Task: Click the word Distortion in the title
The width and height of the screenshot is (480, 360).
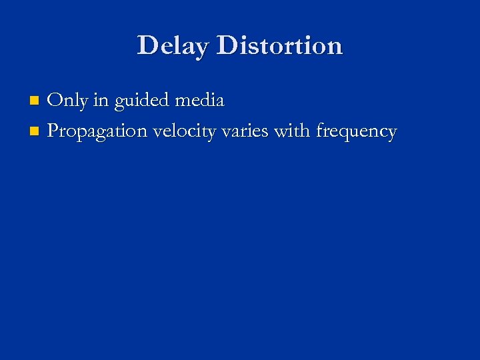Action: click(x=279, y=45)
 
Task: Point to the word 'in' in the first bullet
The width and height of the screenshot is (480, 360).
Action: click(x=101, y=101)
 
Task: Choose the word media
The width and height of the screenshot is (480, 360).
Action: click(x=199, y=101)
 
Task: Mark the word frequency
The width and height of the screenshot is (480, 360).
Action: click(x=356, y=132)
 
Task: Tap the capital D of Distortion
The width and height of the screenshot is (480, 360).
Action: click(x=227, y=45)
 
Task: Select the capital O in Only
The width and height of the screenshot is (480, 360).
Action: click(x=55, y=101)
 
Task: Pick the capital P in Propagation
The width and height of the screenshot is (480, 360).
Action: click(x=53, y=131)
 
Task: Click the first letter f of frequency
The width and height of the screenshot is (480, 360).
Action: click(x=320, y=130)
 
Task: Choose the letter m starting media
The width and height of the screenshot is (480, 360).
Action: click(x=181, y=102)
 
